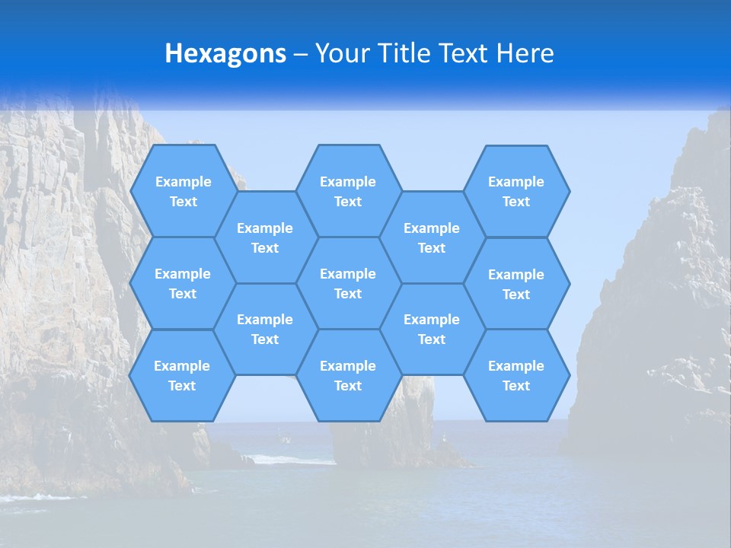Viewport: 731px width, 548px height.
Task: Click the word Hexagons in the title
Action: pyautogui.click(x=225, y=53)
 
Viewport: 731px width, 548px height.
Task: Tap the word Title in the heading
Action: pyautogui.click(x=404, y=53)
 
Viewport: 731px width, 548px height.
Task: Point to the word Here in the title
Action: pyautogui.click(x=525, y=53)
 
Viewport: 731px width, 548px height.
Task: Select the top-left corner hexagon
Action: pyautogui.click(x=183, y=191)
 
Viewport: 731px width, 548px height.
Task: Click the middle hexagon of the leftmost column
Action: pyautogui.click(x=183, y=283)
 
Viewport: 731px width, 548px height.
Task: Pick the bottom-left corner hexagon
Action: pyautogui.click(x=182, y=375)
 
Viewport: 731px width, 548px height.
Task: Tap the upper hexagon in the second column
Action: pyautogui.click(x=265, y=237)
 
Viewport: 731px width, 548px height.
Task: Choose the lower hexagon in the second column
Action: pyautogui.click(x=265, y=329)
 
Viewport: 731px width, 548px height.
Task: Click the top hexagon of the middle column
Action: pyautogui.click(x=348, y=191)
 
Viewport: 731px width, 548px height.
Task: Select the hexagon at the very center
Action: pyautogui.click(x=348, y=283)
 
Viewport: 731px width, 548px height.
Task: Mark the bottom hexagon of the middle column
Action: pyautogui.click(x=348, y=375)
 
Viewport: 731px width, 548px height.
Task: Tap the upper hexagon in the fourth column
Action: pyautogui.click(x=432, y=237)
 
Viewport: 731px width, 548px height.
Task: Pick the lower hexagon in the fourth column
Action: pyautogui.click(x=432, y=329)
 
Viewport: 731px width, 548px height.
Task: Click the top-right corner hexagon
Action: pyautogui.click(x=516, y=191)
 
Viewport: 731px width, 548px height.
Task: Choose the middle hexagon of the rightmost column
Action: pyautogui.click(x=516, y=284)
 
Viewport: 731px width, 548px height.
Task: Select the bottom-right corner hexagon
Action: pyautogui.click(x=516, y=375)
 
